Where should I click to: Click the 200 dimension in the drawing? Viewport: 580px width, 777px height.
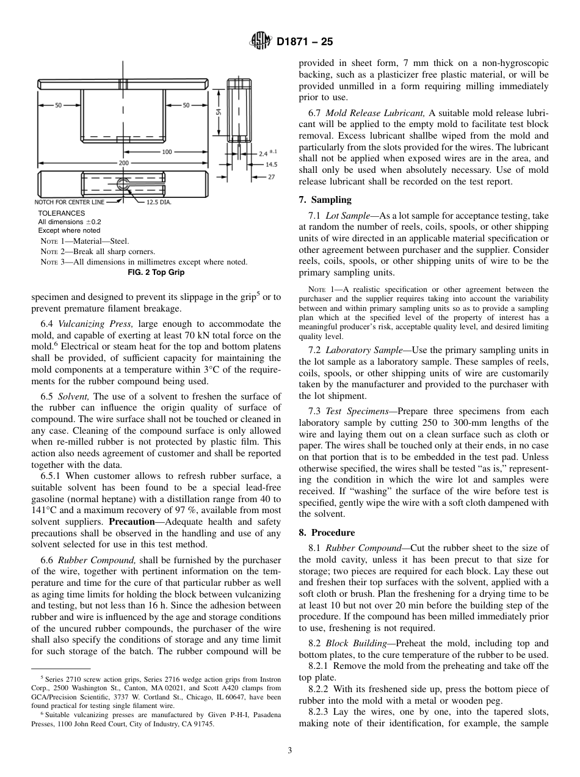(123, 163)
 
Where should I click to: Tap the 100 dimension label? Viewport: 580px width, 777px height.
(166, 151)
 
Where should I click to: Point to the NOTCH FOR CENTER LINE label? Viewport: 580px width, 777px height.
(69, 202)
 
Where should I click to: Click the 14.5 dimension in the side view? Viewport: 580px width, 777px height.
(271, 164)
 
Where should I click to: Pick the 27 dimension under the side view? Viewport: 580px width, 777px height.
(271, 177)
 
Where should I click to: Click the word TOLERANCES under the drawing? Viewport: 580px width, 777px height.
(62, 213)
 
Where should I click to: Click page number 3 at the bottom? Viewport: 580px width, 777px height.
(289, 751)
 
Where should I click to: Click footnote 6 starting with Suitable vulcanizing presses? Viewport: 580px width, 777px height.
(156, 714)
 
